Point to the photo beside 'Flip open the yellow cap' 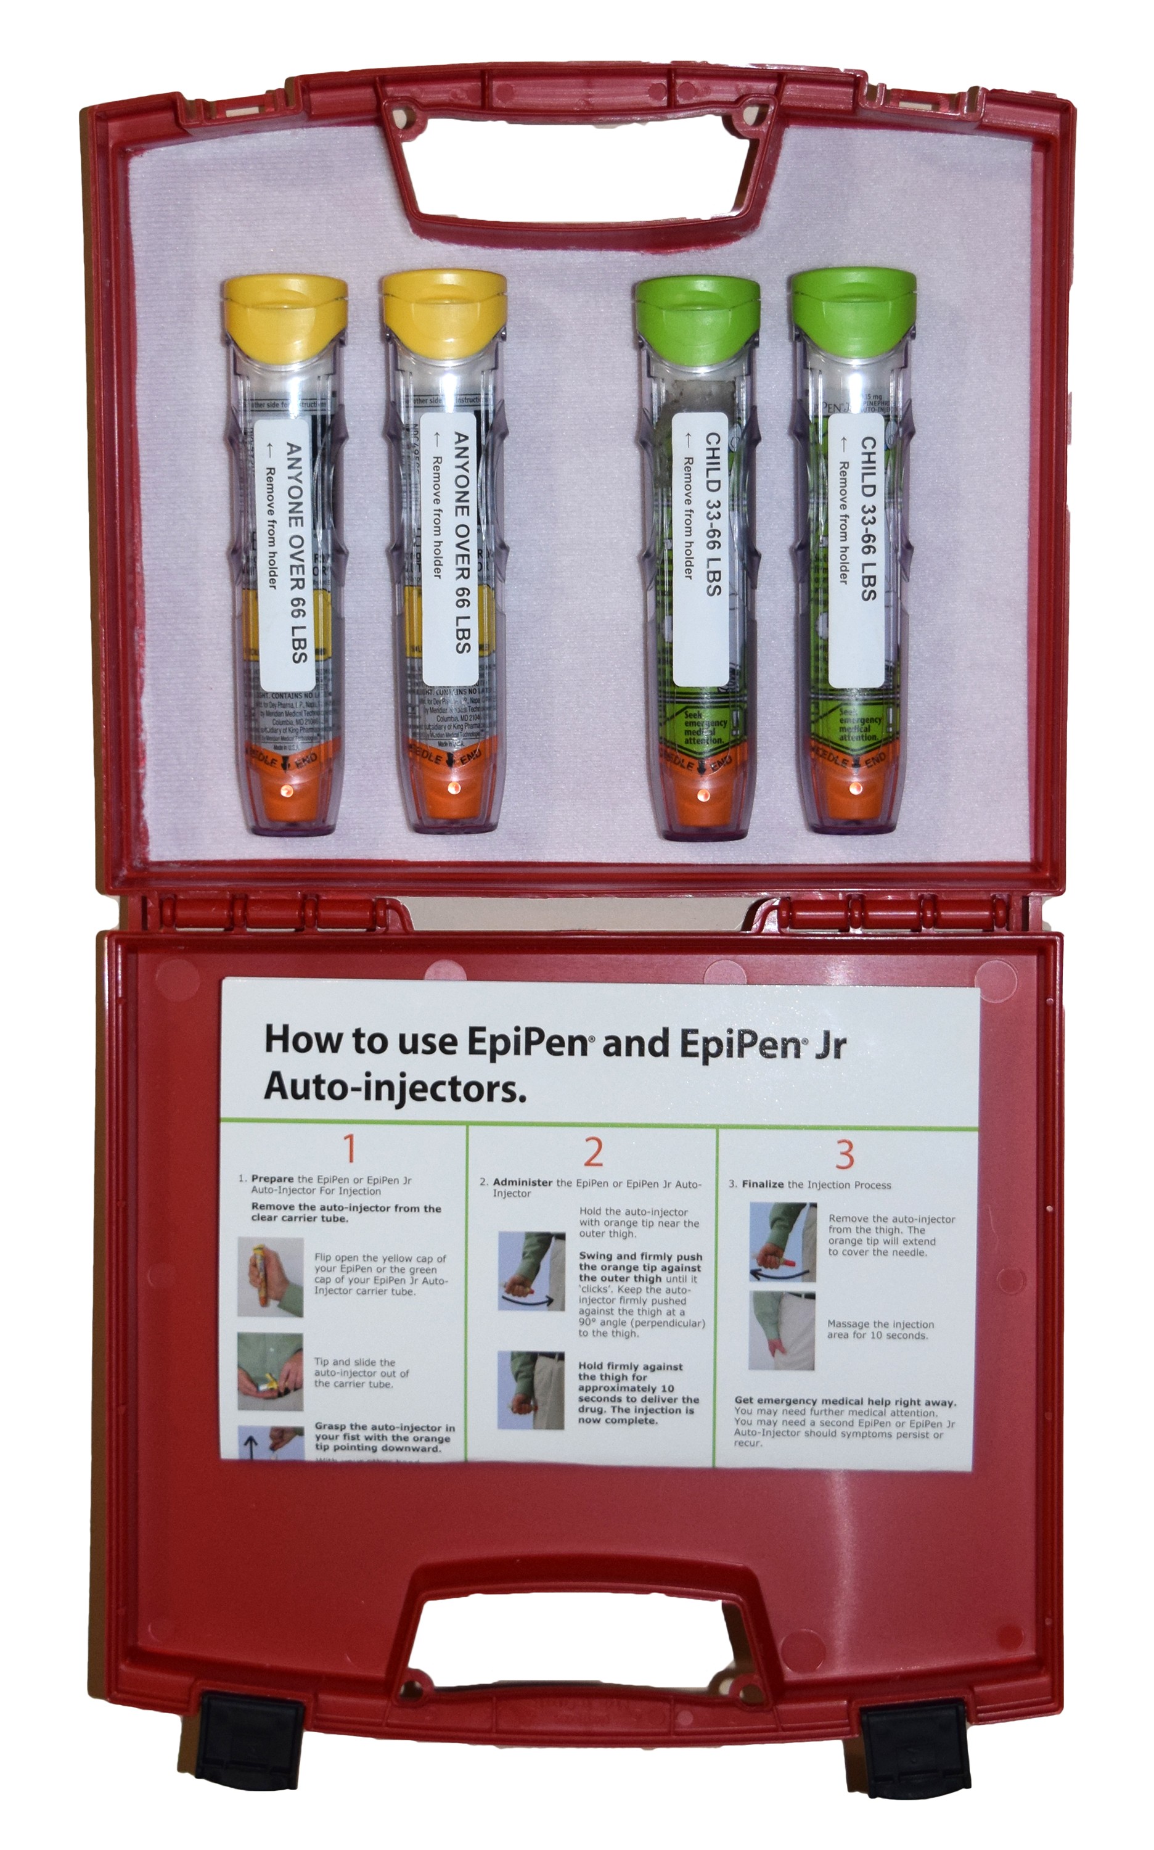point(270,1276)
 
